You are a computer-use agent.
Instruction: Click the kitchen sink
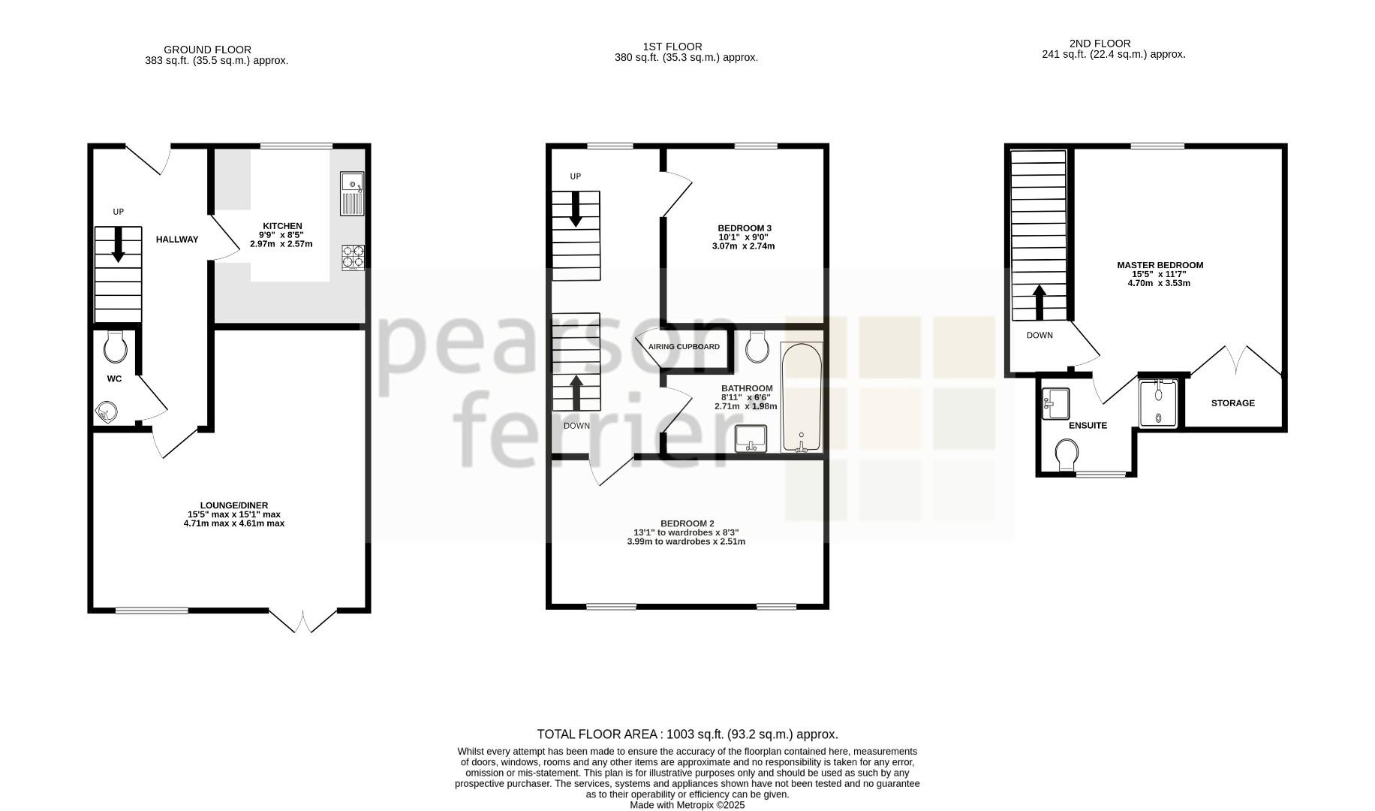(352, 194)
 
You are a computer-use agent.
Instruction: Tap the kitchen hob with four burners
(353, 257)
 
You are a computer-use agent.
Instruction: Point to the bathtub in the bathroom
(802, 397)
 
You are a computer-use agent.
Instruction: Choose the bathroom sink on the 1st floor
(751, 439)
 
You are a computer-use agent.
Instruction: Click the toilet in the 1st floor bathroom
(757, 345)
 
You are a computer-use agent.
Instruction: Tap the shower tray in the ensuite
(1158, 403)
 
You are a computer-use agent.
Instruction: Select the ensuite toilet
(1067, 455)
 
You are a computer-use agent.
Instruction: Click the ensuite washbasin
(1057, 403)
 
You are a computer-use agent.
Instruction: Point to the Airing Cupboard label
(684, 347)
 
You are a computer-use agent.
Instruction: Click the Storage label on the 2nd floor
(1232, 403)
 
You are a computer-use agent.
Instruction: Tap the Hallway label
(177, 240)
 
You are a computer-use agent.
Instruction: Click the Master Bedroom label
(1160, 265)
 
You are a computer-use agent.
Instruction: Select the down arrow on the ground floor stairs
(118, 245)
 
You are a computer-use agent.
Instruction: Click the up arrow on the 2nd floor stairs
(1040, 303)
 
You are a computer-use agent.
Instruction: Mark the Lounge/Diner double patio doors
(303, 621)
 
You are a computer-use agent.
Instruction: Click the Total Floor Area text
(687, 734)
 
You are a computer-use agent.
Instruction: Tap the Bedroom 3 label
(745, 228)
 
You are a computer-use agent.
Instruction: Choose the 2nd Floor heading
(1100, 44)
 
